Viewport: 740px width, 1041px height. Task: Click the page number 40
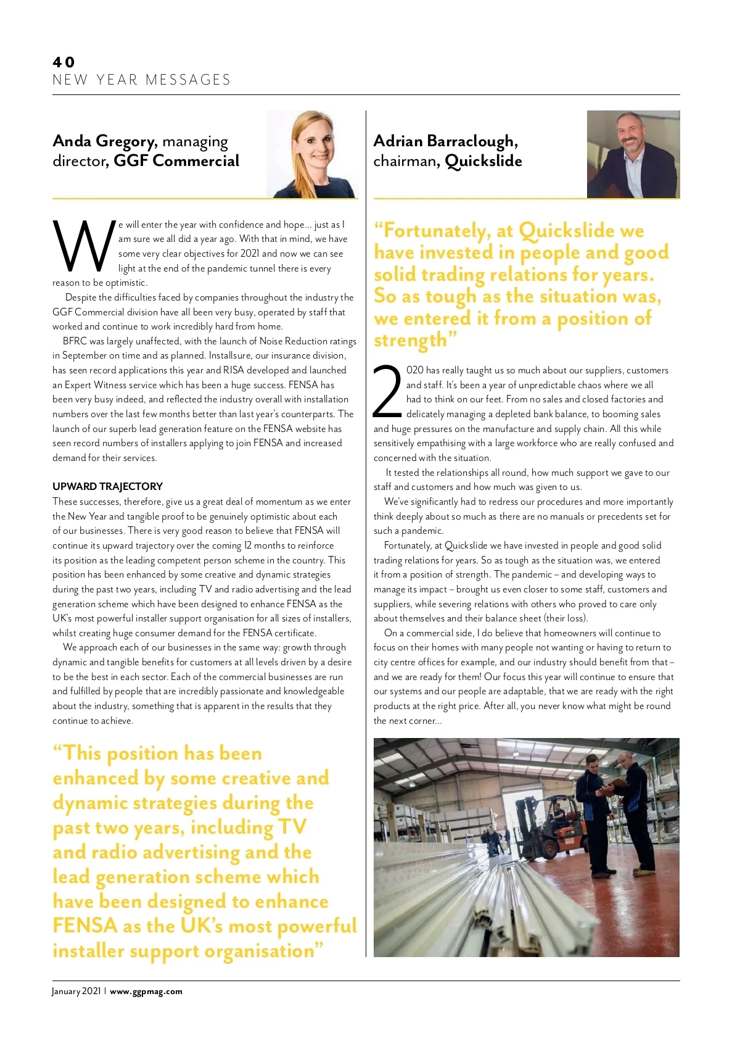tap(64, 62)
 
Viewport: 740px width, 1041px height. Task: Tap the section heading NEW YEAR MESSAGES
tap(141, 80)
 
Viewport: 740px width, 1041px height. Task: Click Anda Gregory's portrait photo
tap(312, 154)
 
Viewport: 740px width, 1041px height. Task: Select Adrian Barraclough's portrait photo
tap(633, 154)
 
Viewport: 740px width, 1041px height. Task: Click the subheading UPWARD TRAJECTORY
tap(107, 486)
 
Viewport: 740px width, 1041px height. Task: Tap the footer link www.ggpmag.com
tap(146, 992)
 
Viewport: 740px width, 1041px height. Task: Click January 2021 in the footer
tap(76, 992)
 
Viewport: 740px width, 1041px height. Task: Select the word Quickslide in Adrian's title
tap(483, 161)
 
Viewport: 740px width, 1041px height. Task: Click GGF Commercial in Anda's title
tap(176, 161)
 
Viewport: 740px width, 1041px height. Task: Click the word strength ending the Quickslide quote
tap(410, 341)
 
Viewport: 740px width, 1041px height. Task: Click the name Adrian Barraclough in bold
tap(443, 141)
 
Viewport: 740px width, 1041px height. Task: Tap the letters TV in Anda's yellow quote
tap(292, 827)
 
